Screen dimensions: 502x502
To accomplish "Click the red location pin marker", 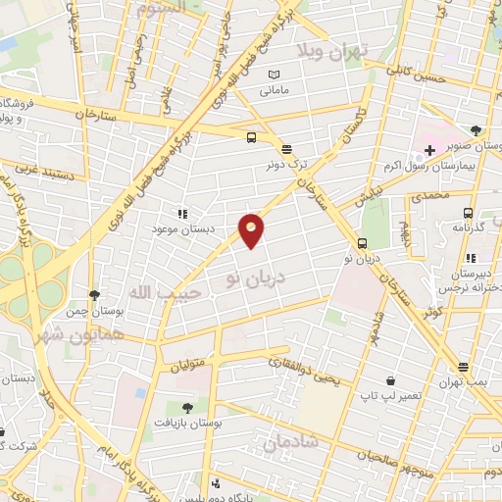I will pyautogui.click(x=251, y=229).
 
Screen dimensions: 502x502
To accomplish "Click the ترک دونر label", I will pyautogui.click(x=286, y=164).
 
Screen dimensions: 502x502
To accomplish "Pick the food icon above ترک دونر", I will pyautogui.click(x=286, y=149).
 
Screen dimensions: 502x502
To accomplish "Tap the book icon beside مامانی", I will pyautogui.click(x=275, y=75).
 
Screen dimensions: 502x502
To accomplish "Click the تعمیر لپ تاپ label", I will pyautogui.click(x=390, y=395).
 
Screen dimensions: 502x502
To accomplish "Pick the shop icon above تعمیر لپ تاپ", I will pyautogui.click(x=390, y=380).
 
